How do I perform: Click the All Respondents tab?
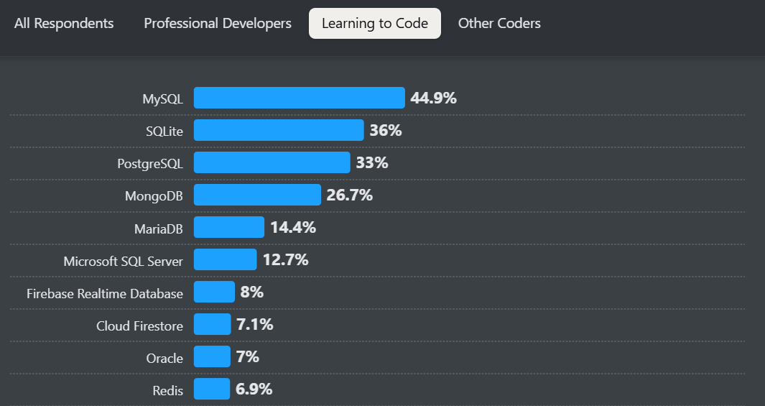[64, 24]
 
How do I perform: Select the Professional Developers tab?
[218, 24]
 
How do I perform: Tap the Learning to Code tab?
[375, 24]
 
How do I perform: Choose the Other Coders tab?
[499, 24]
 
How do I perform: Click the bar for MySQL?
[300, 98]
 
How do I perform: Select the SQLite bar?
[279, 130]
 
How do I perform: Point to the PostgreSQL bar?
[272, 162]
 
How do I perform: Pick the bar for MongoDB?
[257, 195]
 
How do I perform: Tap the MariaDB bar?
[229, 227]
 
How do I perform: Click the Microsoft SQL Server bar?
[225, 259]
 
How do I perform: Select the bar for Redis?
[212, 389]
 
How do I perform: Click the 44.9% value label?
[433, 98]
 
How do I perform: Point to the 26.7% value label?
[349, 195]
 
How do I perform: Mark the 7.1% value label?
[254, 324]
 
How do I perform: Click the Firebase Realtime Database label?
[105, 293]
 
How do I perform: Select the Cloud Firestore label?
[139, 326]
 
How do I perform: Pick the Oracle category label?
[164, 359]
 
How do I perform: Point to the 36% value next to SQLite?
[385, 130]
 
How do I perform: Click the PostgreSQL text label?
[150, 164]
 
